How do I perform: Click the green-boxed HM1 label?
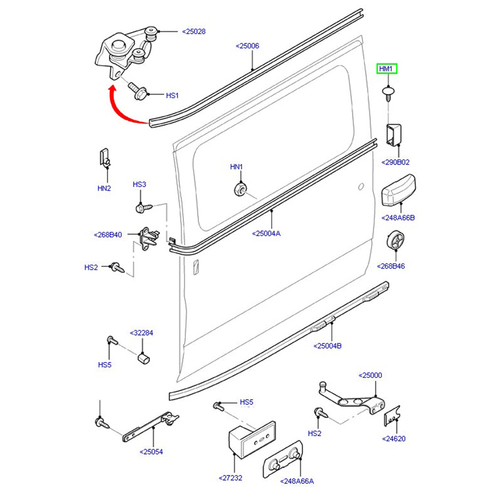[386, 69]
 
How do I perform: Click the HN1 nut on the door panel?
[239, 188]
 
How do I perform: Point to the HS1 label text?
[173, 95]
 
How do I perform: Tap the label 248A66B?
[398, 218]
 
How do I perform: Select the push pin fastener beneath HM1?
[388, 93]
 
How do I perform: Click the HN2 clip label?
[104, 188]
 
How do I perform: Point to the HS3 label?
[139, 184]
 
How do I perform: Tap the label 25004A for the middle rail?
[266, 233]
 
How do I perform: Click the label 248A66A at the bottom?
[298, 482]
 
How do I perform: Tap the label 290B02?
[395, 162]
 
